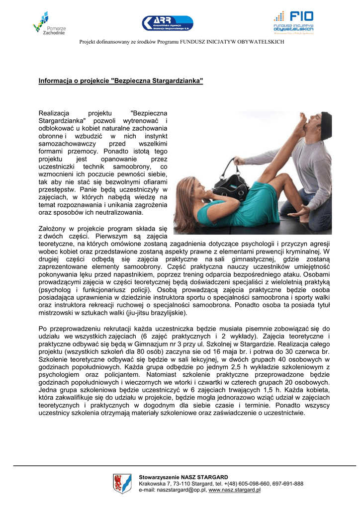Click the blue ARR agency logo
(167, 23)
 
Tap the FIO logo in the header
(293, 22)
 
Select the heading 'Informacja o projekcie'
(121, 81)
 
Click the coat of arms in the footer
(122, 483)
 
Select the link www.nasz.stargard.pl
(235, 490)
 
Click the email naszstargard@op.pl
(180, 490)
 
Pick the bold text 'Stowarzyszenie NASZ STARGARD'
(183, 477)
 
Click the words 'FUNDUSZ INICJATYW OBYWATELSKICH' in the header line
(232, 42)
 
